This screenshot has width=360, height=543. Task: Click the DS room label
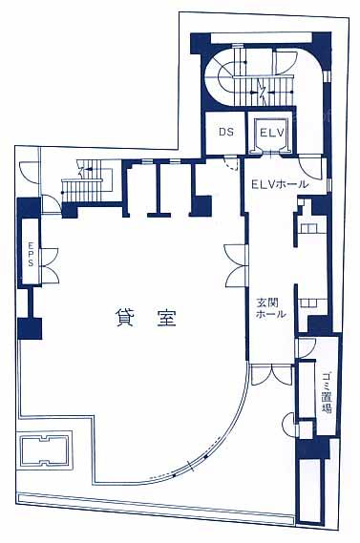point(225,132)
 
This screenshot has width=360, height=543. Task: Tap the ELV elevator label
point(272,133)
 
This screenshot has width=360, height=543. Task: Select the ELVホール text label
point(280,184)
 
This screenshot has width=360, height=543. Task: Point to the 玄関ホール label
point(271,308)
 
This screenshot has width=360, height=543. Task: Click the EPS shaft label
point(31,254)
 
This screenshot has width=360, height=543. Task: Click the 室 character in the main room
point(166,318)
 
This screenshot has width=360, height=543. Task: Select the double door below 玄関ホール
point(271,375)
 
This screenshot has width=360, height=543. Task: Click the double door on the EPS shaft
point(50,265)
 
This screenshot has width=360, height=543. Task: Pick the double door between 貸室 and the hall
point(236,265)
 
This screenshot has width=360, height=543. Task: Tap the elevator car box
point(272,136)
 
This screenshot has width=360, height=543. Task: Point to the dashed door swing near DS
point(231,163)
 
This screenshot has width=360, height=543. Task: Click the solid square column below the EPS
point(30,328)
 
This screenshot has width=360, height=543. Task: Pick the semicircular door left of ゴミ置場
point(289,425)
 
